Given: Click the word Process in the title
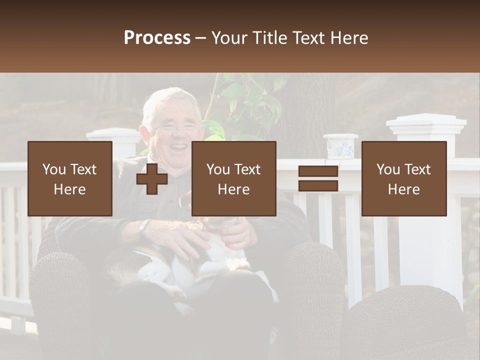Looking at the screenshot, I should click(x=157, y=38).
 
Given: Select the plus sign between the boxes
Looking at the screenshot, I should click(x=152, y=179).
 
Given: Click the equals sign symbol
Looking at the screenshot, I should click(x=318, y=179).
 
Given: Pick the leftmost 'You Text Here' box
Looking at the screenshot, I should click(x=70, y=179).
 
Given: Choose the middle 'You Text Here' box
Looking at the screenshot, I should click(x=233, y=179).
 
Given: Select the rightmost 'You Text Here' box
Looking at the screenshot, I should click(x=404, y=179).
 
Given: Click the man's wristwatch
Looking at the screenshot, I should click(x=144, y=228).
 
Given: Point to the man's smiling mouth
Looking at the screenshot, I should click(x=176, y=147).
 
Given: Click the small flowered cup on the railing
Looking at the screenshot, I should click(x=340, y=146).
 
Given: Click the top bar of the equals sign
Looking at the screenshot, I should click(x=318, y=171).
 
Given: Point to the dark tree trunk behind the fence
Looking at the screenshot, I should click(x=310, y=110).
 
